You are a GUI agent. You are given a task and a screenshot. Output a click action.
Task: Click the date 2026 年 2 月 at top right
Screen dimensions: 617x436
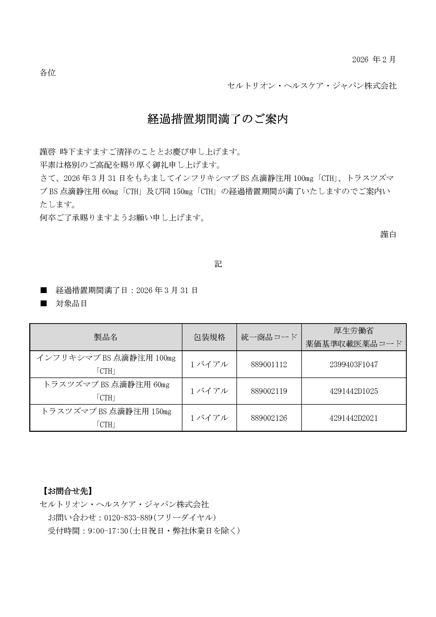[374, 59]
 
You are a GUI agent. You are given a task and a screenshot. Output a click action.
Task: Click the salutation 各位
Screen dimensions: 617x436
[48, 73]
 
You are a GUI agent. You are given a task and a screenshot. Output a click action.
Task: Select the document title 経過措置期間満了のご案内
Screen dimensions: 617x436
[218, 119]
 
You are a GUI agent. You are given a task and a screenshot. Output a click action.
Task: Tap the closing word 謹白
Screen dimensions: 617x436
[388, 234]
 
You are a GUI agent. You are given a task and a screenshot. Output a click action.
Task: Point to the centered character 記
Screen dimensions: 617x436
[218, 264]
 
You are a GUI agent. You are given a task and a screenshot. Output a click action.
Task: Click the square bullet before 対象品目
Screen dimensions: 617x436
[43, 304]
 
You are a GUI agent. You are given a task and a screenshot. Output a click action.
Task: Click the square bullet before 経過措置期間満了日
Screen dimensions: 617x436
[43, 290]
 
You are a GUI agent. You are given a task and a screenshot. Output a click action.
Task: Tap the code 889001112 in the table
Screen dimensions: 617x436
[269, 364]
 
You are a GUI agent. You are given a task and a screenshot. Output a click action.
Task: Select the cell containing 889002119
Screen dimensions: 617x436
[269, 391]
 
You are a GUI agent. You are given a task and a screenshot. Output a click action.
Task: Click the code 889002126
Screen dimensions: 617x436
[269, 418]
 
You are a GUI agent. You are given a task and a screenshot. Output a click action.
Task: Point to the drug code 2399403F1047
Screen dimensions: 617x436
[353, 364]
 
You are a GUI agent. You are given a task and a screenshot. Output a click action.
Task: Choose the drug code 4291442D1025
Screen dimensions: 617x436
[353, 391]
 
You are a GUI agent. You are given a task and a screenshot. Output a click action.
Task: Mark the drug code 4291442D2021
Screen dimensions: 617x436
[353, 418]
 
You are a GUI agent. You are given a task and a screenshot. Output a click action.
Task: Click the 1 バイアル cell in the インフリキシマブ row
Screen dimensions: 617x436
[209, 364]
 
